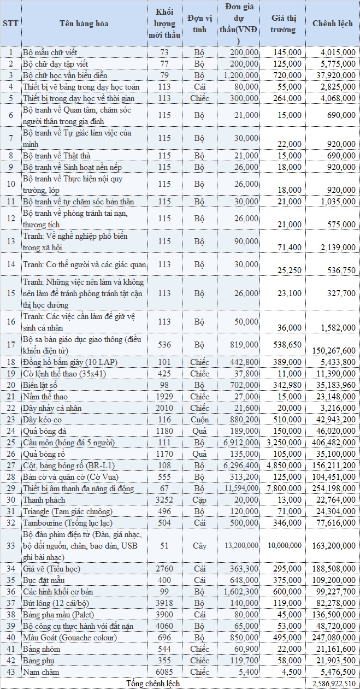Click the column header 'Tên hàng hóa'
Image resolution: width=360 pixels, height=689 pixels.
[x=84, y=23]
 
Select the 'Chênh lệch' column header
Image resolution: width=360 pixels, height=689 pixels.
[x=332, y=23]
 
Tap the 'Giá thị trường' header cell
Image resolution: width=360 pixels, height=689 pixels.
[x=283, y=23]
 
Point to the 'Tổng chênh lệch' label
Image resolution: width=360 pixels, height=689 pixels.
[x=152, y=684]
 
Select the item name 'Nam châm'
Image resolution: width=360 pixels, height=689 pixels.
[x=41, y=672]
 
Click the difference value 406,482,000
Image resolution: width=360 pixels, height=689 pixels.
[x=333, y=443]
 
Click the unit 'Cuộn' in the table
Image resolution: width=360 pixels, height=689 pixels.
[x=199, y=420]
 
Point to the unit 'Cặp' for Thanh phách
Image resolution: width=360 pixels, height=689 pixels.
[x=199, y=500]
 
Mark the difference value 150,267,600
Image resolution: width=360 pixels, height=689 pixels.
[x=333, y=350]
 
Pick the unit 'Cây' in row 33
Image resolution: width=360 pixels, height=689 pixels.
[x=199, y=545]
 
